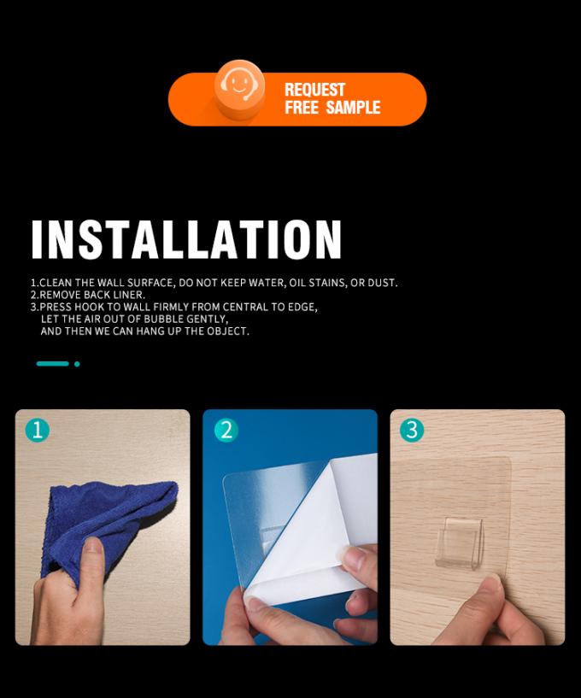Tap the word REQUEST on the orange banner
(x=314, y=90)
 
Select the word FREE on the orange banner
(x=302, y=108)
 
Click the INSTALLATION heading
(x=186, y=239)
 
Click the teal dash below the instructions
(x=52, y=364)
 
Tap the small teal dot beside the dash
(x=77, y=364)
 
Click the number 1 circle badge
(x=38, y=431)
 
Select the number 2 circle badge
(x=226, y=431)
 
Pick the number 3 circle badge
(x=412, y=430)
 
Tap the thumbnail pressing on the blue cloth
(x=93, y=545)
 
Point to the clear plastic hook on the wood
(x=459, y=543)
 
